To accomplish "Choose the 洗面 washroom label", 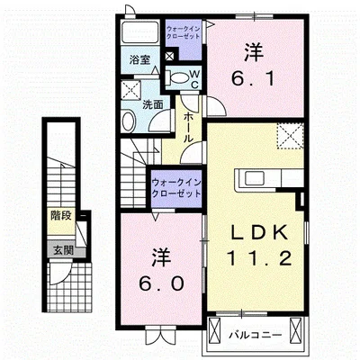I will [154, 104].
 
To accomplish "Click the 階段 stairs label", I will [60, 215].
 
